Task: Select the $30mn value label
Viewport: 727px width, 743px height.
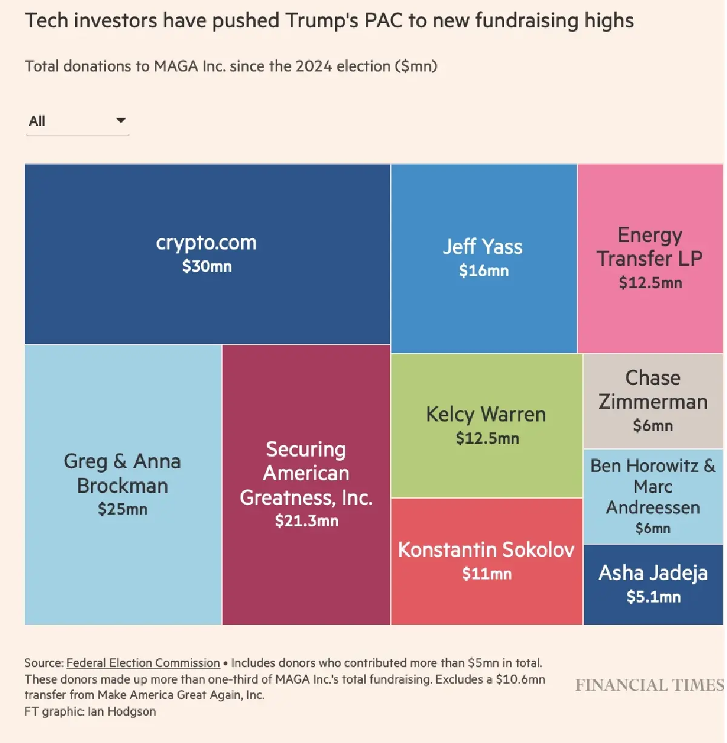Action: point(207,266)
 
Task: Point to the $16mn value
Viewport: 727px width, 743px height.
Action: point(483,271)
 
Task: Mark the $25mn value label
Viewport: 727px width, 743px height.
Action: point(122,509)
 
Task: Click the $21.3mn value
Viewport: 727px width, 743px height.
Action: point(307,521)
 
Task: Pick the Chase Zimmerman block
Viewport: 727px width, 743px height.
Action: point(653,401)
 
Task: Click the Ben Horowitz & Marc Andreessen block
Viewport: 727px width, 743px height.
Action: point(653,497)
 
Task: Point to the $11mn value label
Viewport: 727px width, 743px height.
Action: point(486,574)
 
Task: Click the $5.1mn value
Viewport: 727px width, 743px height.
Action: point(653,597)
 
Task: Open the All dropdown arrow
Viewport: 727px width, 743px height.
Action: point(121,121)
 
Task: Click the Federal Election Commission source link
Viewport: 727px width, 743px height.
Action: point(143,663)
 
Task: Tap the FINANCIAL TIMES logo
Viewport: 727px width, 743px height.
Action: point(649,685)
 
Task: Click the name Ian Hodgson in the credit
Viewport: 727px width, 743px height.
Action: point(122,712)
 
